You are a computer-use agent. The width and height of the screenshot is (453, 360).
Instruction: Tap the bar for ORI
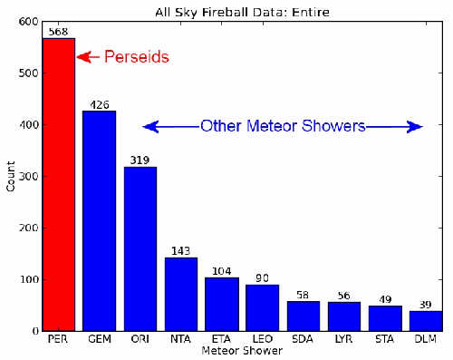[x=140, y=248]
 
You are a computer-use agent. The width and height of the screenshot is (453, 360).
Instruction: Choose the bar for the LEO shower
[x=262, y=307]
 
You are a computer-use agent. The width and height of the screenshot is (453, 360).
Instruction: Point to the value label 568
[x=58, y=32]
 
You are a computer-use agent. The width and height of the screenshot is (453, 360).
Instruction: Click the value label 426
[x=99, y=104]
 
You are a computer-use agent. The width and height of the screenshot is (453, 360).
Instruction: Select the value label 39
[x=425, y=305]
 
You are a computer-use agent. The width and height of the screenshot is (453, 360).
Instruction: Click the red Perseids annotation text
[x=136, y=56]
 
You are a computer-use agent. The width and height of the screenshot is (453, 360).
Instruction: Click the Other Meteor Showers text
[x=283, y=126]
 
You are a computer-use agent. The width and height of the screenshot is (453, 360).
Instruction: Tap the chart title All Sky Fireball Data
[x=239, y=10]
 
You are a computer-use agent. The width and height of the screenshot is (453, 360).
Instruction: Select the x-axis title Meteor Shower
[x=240, y=350]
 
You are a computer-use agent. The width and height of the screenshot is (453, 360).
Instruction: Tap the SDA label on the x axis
[x=303, y=340]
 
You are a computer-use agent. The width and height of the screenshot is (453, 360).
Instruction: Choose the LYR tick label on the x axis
[x=343, y=340]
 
